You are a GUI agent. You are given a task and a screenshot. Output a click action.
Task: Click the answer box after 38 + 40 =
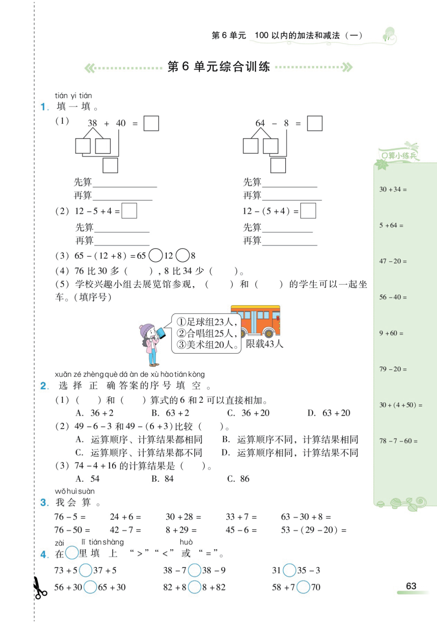(x=151, y=123)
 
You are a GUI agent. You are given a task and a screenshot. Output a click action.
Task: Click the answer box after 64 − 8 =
(x=314, y=123)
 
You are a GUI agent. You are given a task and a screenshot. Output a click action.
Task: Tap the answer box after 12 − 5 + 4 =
(x=129, y=211)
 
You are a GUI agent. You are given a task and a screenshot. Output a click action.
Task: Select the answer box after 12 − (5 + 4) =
(x=308, y=211)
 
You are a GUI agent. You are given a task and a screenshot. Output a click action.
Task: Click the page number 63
(x=411, y=586)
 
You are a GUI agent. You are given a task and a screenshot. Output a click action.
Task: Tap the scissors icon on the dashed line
(x=40, y=588)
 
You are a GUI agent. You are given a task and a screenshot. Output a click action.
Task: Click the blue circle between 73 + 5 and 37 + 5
(x=85, y=570)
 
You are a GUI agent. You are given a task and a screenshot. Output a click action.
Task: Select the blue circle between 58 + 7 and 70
(x=303, y=587)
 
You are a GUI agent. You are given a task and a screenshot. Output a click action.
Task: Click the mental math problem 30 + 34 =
(x=393, y=189)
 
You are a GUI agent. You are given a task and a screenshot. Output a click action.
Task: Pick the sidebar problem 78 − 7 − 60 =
(x=398, y=441)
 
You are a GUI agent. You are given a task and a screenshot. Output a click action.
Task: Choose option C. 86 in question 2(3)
(x=238, y=479)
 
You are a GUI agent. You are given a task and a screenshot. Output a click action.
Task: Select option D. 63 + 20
(x=329, y=413)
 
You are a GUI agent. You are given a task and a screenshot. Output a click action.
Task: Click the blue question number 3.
(x=45, y=503)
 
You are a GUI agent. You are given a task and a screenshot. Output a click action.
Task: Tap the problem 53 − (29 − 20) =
(x=314, y=530)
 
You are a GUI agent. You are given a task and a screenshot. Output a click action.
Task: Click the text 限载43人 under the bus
(x=265, y=344)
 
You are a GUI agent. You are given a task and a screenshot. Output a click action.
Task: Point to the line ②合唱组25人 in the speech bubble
(x=206, y=333)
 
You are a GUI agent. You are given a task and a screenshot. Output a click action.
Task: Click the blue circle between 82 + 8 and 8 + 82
(x=195, y=587)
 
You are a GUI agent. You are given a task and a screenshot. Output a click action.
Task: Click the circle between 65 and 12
(x=156, y=256)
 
